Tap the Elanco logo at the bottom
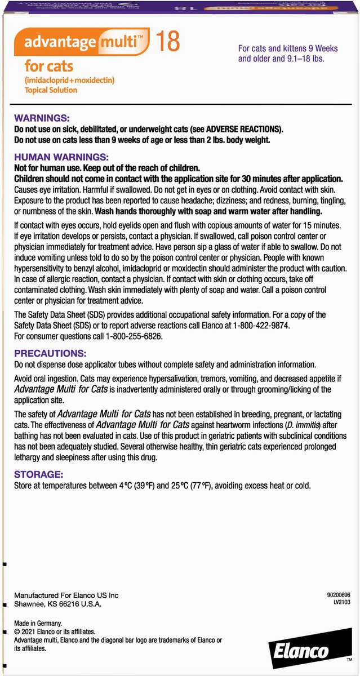(301, 652)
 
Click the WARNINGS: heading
(41, 118)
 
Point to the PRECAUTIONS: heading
(50, 353)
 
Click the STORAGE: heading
(38, 474)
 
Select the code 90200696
(338, 594)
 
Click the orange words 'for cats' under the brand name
(48, 66)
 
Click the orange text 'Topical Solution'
(51, 90)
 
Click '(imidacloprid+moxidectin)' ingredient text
(69, 81)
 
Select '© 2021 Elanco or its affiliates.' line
(55, 633)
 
